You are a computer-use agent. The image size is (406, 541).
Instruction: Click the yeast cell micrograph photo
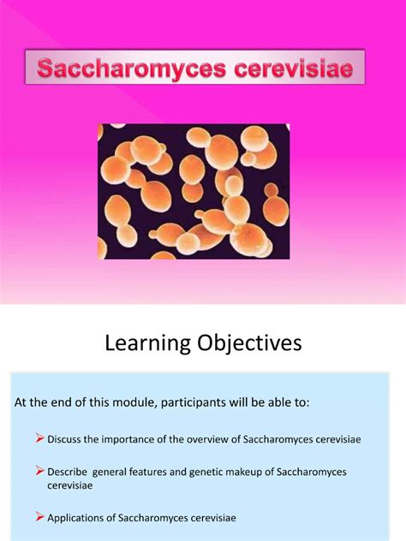click(x=193, y=191)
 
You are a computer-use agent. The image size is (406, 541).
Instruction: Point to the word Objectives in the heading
click(x=253, y=344)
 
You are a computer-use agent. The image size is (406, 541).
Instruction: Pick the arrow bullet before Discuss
click(x=39, y=439)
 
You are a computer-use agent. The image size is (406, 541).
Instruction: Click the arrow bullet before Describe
click(x=39, y=472)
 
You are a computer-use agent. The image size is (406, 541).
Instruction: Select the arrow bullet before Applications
click(x=39, y=517)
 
